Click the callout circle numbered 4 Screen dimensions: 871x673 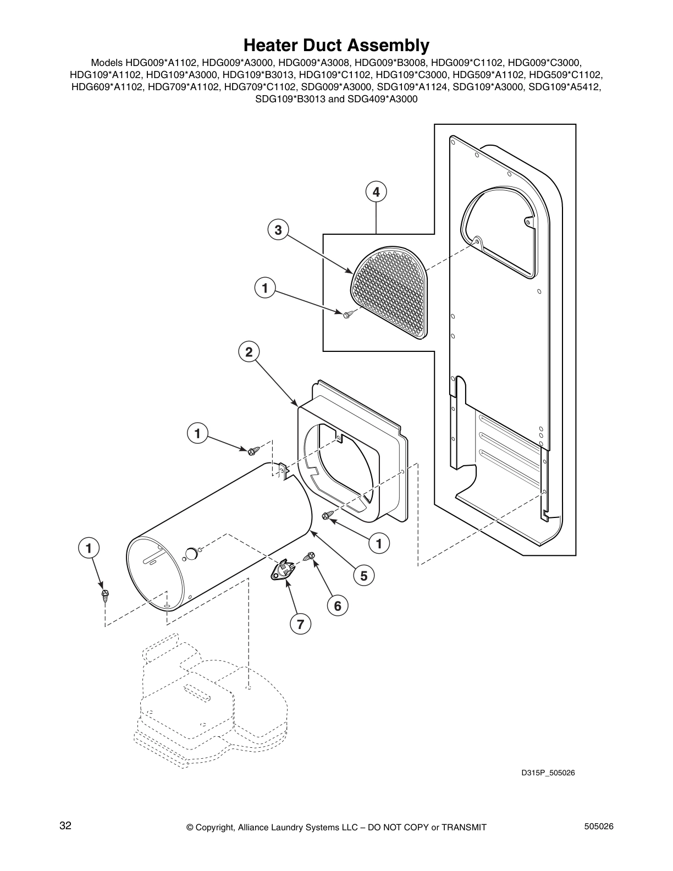pyautogui.click(x=376, y=192)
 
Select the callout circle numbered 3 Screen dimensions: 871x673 pyautogui.click(x=278, y=230)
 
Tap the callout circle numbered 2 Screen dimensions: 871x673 pyautogui.click(x=249, y=352)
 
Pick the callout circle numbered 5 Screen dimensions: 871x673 pyautogui.click(x=364, y=575)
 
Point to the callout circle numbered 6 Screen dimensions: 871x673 pyautogui.click(x=338, y=606)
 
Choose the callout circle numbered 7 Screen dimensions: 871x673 pyautogui.click(x=300, y=625)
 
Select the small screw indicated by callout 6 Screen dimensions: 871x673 pyautogui.click(x=310, y=557)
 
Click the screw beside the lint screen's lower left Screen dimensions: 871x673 pyautogui.click(x=347, y=314)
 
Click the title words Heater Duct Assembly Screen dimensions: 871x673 pyautogui.click(x=336, y=45)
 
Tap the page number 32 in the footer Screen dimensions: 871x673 pyautogui.click(x=65, y=826)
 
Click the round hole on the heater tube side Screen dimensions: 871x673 pyautogui.click(x=191, y=553)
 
